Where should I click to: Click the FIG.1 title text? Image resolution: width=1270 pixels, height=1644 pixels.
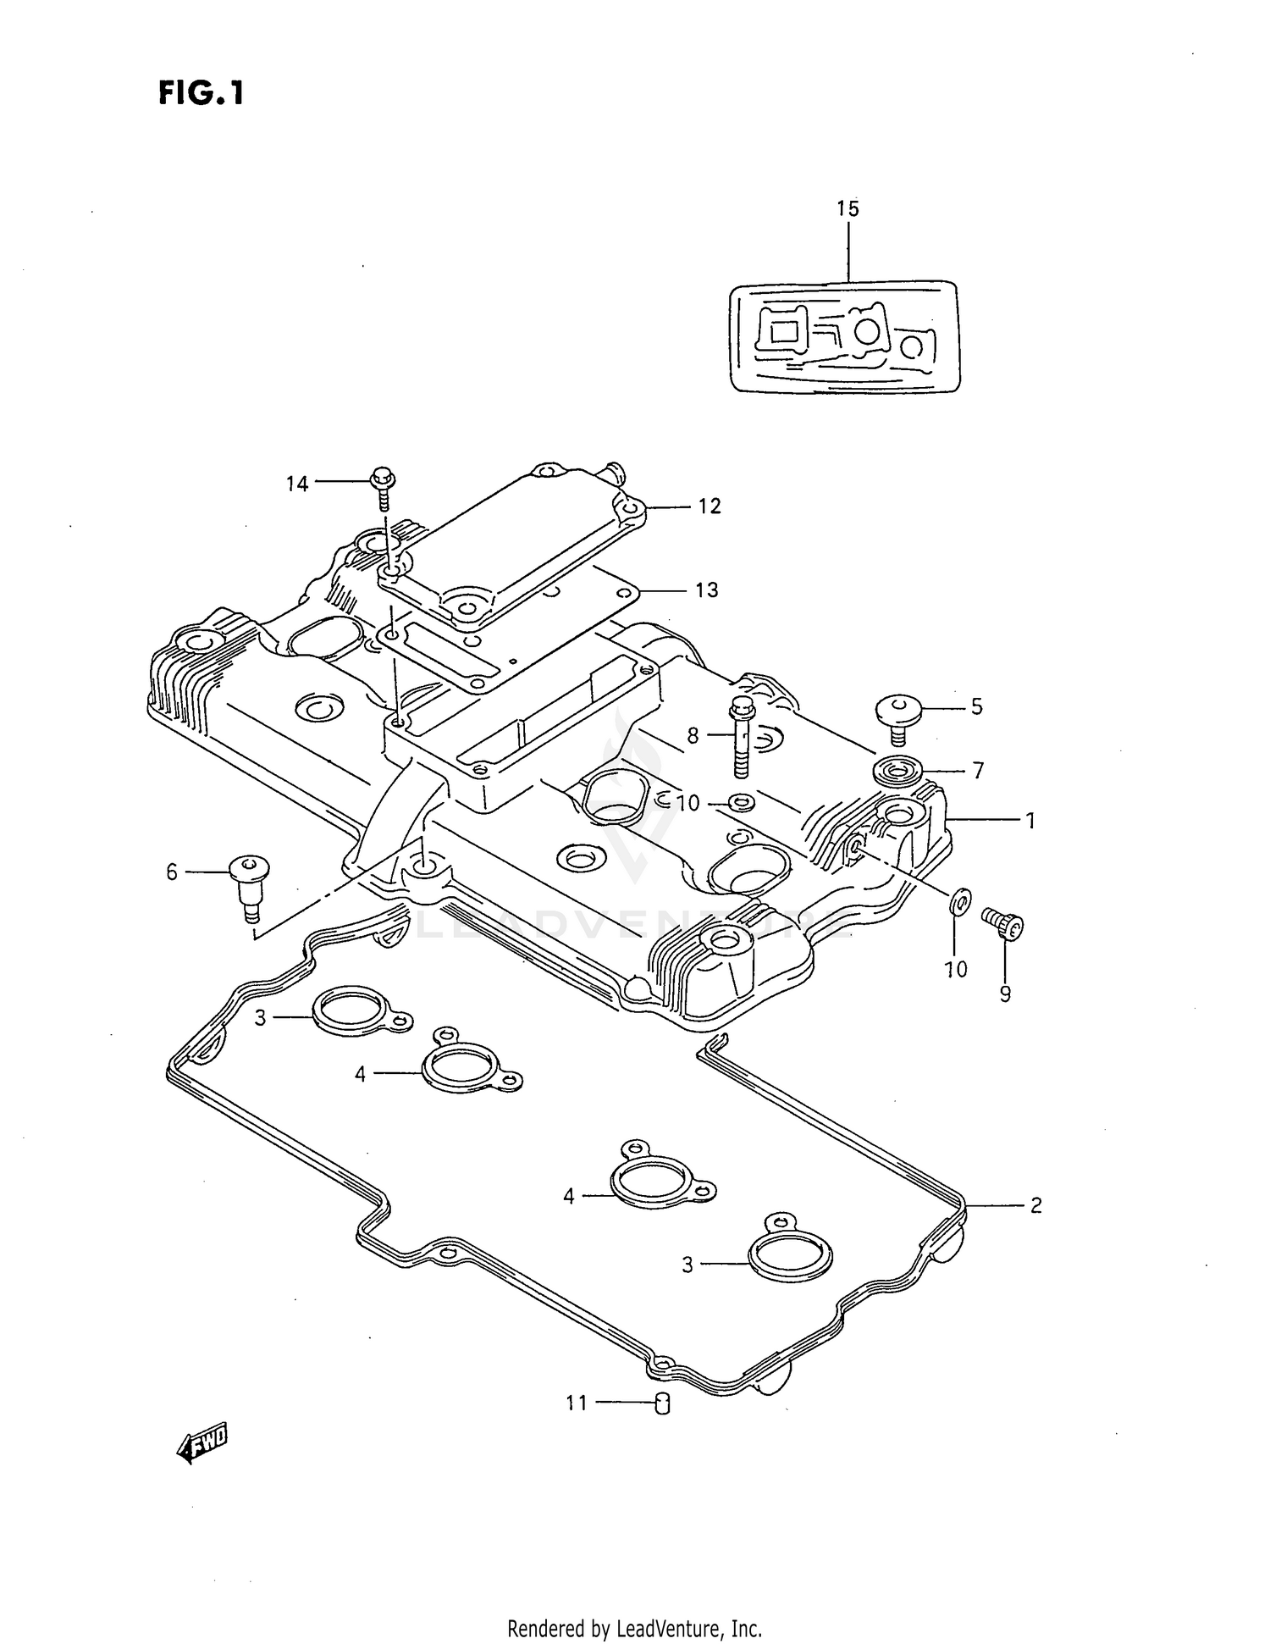coord(201,93)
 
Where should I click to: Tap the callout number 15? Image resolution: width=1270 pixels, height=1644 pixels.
coord(848,208)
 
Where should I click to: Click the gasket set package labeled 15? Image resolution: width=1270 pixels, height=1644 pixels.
coord(846,336)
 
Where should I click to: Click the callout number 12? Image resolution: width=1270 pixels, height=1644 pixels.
coord(710,506)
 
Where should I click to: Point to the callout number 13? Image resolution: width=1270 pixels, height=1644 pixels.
coord(706,590)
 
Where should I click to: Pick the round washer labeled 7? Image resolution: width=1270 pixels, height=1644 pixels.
coord(898,772)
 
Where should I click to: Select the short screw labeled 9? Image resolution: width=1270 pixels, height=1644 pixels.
coord(1003,923)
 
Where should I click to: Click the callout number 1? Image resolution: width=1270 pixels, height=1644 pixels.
coord(1030,821)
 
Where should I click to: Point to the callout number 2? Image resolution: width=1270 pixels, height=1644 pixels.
coord(1035,1204)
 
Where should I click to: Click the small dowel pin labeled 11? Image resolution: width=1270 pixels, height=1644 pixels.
coord(663,1404)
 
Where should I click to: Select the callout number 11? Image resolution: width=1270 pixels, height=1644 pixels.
coord(577,1403)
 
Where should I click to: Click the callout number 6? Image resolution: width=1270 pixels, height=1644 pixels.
coord(172,872)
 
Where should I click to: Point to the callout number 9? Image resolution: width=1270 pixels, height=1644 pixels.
coord(1005,993)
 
